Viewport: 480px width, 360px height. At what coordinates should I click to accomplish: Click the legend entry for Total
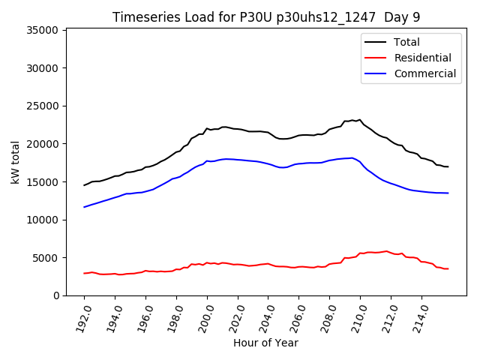click(x=406, y=42)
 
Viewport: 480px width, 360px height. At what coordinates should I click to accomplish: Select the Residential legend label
click(x=422, y=58)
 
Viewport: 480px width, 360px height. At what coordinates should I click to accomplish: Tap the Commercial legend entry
click(x=424, y=73)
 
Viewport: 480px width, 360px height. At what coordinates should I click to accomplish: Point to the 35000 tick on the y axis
click(x=43, y=30)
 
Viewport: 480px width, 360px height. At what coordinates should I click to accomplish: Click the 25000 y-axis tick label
click(x=43, y=106)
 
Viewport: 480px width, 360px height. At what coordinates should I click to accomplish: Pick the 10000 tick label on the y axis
click(x=43, y=220)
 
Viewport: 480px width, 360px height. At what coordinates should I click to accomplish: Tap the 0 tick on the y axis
click(x=55, y=295)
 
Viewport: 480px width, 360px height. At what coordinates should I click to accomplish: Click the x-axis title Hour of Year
click(x=265, y=343)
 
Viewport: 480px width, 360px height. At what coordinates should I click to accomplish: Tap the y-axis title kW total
click(x=16, y=162)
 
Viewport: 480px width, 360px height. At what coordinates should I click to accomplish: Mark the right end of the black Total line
click(x=448, y=166)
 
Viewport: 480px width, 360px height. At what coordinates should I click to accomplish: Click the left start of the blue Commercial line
click(x=85, y=207)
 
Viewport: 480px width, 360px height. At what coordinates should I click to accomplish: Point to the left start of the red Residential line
click(x=85, y=273)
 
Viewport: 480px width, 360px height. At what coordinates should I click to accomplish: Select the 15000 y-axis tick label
click(x=43, y=181)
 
